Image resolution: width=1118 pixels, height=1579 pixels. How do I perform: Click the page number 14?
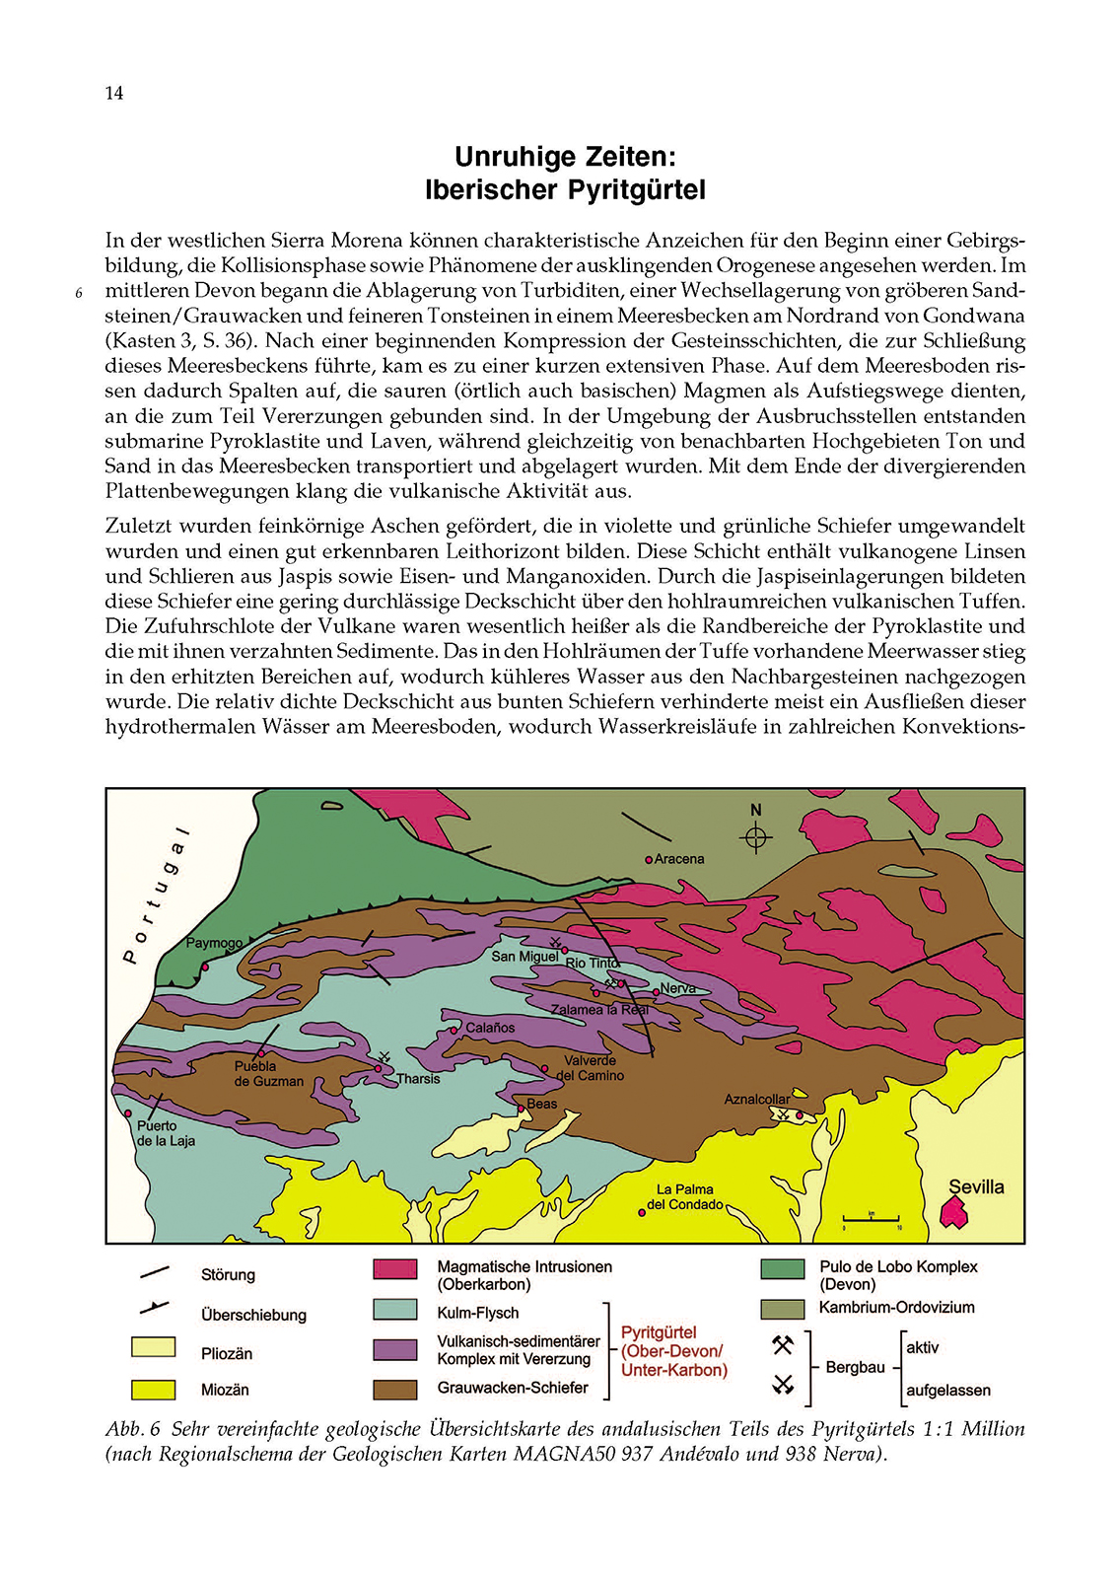click(114, 93)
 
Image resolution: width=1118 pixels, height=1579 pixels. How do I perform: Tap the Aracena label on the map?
click(679, 859)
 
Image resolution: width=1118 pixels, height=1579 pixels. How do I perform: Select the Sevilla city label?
click(976, 1187)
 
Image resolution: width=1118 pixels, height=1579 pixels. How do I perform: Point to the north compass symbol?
click(756, 837)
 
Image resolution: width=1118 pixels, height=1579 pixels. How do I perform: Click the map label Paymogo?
click(214, 943)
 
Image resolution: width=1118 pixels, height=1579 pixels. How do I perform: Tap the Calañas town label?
click(490, 1028)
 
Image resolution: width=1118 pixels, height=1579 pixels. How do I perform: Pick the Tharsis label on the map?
click(418, 1079)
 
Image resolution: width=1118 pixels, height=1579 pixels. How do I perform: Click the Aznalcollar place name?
click(757, 1099)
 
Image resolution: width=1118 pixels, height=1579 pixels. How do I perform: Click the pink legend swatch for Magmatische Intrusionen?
click(394, 1268)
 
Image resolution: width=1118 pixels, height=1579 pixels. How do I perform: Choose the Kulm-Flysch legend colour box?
click(394, 1310)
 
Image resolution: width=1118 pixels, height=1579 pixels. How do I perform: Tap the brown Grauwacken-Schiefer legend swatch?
click(394, 1389)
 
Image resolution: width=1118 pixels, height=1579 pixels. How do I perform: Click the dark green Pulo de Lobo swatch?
click(782, 1268)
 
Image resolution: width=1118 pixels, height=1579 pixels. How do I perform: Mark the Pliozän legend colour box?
click(153, 1347)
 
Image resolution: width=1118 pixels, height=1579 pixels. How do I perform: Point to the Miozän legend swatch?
click(153, 1390)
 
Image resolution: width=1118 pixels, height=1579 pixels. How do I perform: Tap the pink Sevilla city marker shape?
click(953, 1212)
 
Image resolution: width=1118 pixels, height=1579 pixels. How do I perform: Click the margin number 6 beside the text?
click(79, 293)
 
